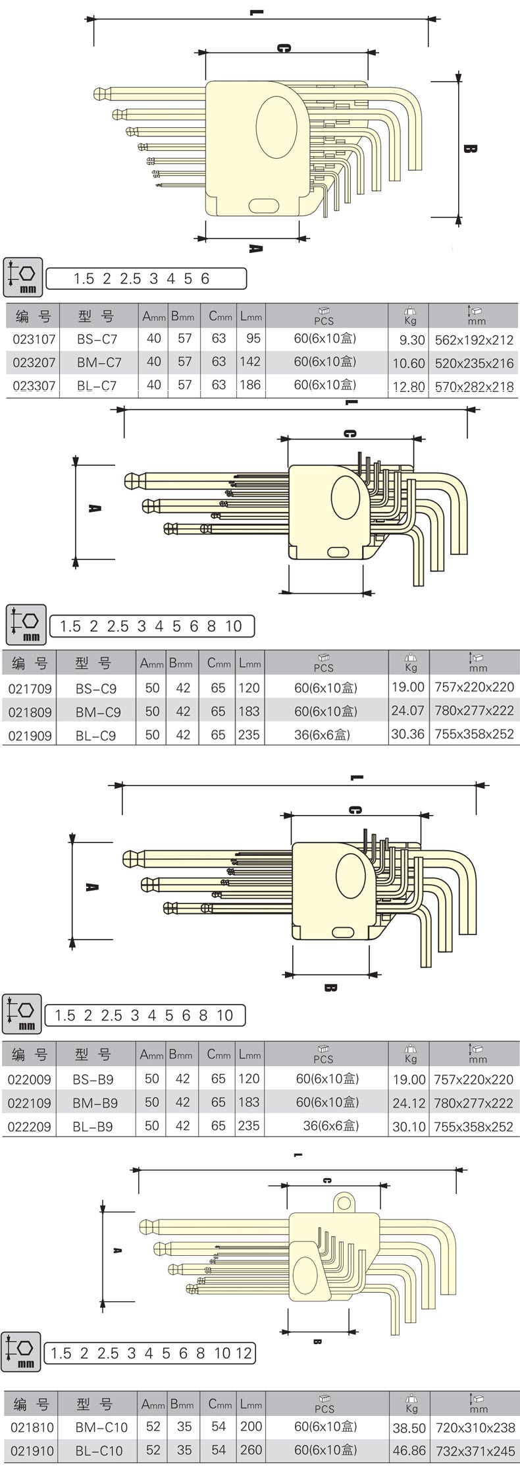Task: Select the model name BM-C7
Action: coord(99,362)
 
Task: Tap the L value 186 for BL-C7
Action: coord(250,385)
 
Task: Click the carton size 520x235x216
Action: coord(474,363)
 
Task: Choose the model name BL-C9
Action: coord(95,735)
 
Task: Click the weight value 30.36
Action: coord(407,735)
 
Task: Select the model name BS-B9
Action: coord(95,1079)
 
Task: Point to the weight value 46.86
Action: coord(408,1451)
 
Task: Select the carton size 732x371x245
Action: coord(474,1451)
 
